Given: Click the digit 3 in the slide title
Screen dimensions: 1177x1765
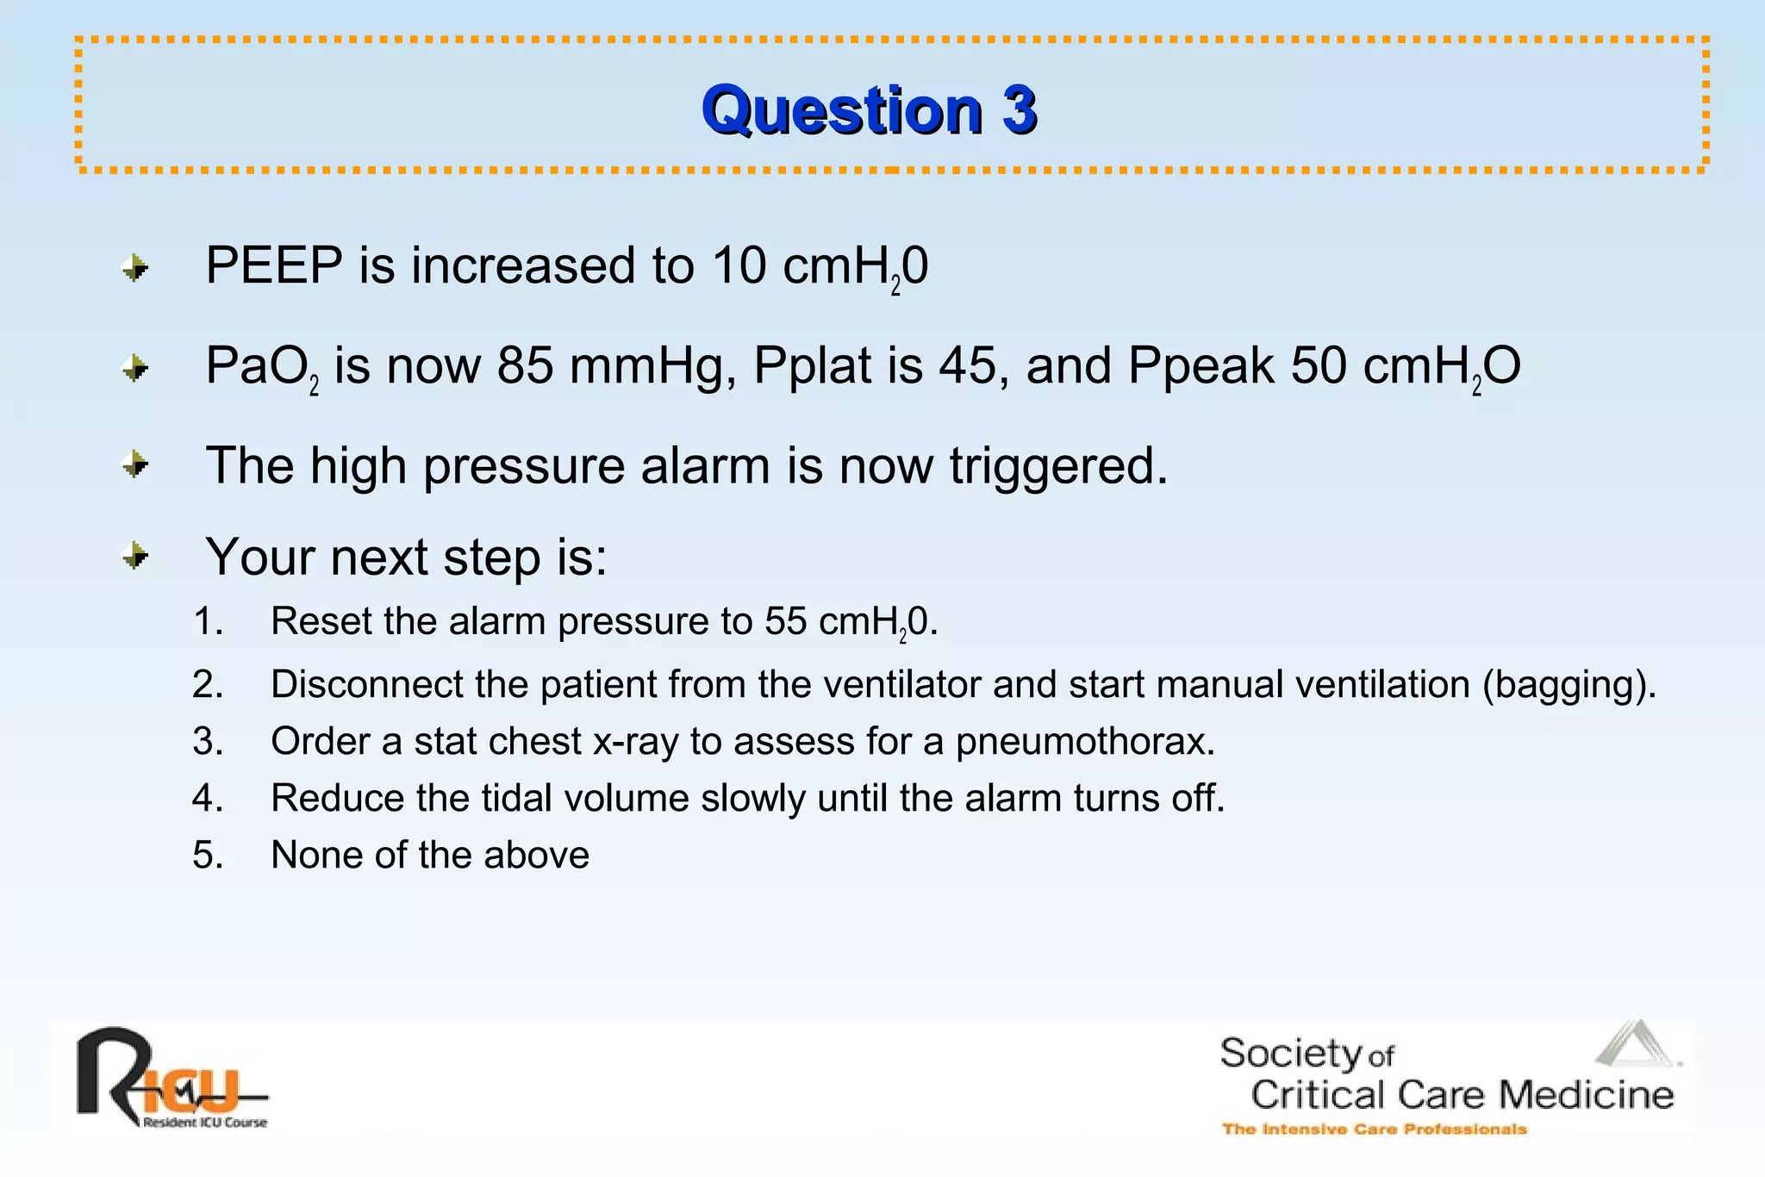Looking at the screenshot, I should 1019,110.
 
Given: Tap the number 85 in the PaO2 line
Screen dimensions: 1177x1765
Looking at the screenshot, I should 525,365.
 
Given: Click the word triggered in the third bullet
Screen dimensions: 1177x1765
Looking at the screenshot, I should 1058,466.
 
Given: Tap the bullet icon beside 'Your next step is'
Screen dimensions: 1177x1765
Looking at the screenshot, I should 135,556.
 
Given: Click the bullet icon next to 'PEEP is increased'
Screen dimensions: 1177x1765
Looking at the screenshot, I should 135,268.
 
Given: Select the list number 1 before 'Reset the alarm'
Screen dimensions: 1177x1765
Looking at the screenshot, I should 207,621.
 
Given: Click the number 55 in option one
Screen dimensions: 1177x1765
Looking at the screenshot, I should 785,621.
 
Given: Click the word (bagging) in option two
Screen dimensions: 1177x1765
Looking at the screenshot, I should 1569,685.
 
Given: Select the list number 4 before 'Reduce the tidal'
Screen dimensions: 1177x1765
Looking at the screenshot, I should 207,799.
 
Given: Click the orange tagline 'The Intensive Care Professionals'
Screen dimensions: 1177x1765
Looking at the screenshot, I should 1374,1130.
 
